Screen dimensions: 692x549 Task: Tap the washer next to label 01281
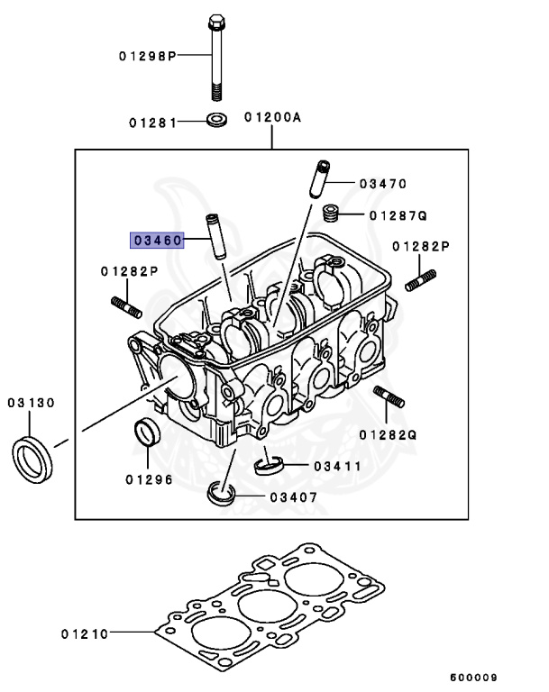(x=216, y=120)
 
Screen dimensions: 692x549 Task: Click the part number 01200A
(x=271, y=117)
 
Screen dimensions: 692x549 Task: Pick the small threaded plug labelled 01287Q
(x=331, y=214)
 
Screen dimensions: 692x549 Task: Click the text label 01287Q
(x=398, y=216)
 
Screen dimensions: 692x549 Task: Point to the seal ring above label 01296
(x=146, y=432)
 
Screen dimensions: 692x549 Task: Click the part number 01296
(x=149, y=478)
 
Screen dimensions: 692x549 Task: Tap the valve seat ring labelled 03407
(x=220, y=493)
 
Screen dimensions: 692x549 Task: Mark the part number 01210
(x=85, y=633)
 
